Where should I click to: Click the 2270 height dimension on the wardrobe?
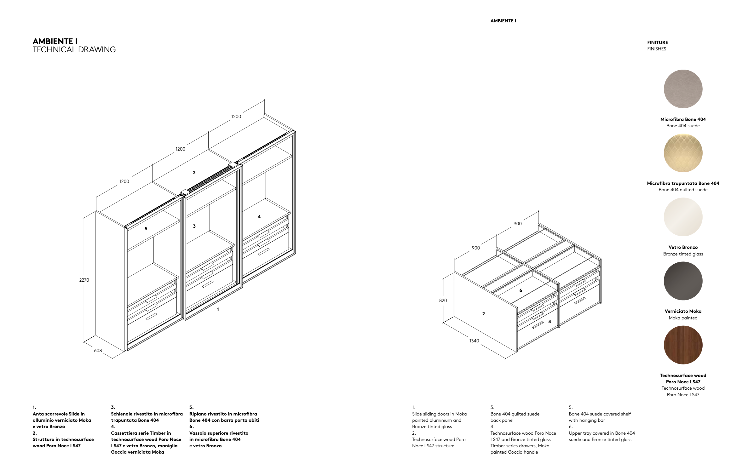(x=84, y=280)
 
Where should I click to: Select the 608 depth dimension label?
(x=98, y=351)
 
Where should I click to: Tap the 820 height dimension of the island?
(x=443, y=301)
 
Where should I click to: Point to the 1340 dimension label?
(x=474, y=341)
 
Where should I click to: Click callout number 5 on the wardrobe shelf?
(x=146, y=229)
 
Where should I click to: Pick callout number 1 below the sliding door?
(x=218, y=309)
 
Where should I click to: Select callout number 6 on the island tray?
(x=521, y=290)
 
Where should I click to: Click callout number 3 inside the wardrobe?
(x=194, y=226)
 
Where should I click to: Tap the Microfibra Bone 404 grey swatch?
(x=683, y=89)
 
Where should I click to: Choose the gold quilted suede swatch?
(x=683, y=153)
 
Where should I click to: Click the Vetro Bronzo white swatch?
(x=683, y=217)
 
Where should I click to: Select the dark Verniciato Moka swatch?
(x=683, y=281)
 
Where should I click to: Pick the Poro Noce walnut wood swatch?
(x=683, y=345)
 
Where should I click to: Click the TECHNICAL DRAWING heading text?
(x=74, y=50)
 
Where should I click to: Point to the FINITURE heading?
(x=658, y=43)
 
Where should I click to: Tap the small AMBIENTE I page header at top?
(x=503, y=21)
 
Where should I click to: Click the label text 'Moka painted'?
(x=683, y=318)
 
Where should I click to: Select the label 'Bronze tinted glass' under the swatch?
(x=683, y=254)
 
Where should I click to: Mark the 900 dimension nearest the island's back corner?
(x=517, y=224)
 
